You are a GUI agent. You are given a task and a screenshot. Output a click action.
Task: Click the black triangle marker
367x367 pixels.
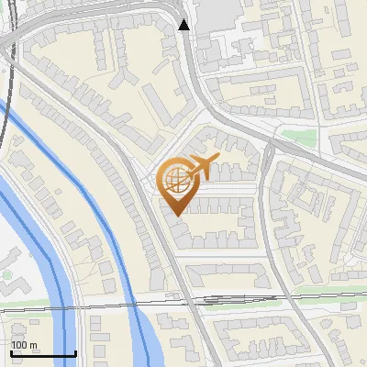coord(184,25)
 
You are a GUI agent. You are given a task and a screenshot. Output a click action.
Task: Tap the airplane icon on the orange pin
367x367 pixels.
coord(201,166)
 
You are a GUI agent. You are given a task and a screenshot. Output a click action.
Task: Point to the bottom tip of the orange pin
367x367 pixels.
coord(175,215)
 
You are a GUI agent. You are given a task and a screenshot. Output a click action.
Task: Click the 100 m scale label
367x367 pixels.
coord(25,345)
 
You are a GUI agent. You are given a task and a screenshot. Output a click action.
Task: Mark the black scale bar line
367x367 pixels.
coord(43,353)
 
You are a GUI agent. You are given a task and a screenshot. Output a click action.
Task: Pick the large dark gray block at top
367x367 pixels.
coord(217,11)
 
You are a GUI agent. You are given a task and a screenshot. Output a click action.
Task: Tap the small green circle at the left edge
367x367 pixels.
coord(6,274)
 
